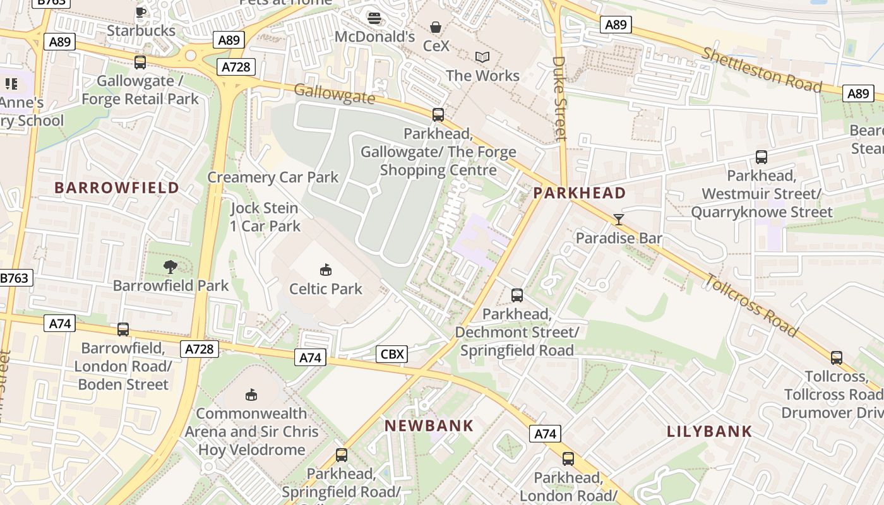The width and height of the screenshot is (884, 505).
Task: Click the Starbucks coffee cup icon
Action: pos(140,11)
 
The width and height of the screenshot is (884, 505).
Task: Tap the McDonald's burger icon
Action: pos(374,18)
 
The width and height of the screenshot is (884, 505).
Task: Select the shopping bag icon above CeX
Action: pos(436,27)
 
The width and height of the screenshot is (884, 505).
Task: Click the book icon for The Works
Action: pos(482,57)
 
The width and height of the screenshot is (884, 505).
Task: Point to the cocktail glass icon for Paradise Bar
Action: pos(618,219)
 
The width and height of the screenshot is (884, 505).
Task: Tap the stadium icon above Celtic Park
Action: pos(325,270)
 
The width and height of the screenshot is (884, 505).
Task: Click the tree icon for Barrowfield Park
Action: pos(170,267)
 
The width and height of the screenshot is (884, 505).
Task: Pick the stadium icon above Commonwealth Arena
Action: pos(251,395)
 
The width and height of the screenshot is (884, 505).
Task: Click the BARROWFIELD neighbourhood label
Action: pos(117,187)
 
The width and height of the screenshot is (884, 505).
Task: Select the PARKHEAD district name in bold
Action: pos(580,193)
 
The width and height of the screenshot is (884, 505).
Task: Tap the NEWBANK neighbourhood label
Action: pos(429,425)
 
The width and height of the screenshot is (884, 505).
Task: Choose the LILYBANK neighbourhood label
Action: pos(710,432)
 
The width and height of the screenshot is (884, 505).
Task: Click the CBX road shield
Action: pos(392,354)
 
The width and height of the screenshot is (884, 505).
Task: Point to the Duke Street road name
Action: pos(559,98)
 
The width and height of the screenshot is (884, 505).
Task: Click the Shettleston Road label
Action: pos(762,69)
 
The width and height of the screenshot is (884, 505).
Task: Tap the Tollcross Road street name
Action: pos(751,305)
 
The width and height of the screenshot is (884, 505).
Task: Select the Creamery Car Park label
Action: pos(273,177)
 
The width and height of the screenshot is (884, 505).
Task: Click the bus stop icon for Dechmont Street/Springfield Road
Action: pos(517,295)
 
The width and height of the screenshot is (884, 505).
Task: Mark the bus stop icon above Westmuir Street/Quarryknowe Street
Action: pos(762,157)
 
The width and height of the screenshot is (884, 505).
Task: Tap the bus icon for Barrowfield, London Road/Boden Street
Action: pos(123,330)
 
